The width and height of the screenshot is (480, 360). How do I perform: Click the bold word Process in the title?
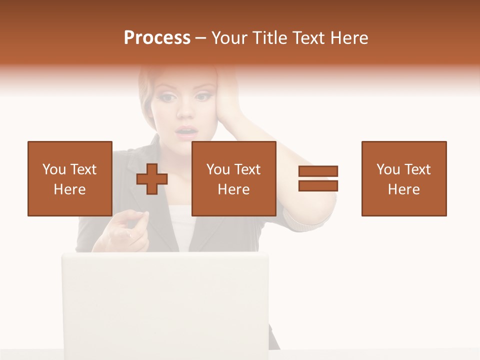tap(157, 38)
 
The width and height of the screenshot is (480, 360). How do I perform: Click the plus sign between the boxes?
tap(152, 179)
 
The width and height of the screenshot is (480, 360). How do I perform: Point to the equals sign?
tap(318, 178)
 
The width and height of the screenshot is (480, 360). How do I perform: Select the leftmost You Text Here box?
tap(69, 178)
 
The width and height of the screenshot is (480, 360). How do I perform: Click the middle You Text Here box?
tap(233, 178)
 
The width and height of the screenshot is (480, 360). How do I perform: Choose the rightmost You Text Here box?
tap(403, 178)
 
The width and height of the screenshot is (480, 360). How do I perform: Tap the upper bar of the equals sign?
tap(318, 171)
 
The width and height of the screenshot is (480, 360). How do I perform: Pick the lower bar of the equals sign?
tap(318, 185)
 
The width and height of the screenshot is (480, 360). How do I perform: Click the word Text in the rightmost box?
tap(417, 169)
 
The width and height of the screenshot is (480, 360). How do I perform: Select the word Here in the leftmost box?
tap(69, 189)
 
